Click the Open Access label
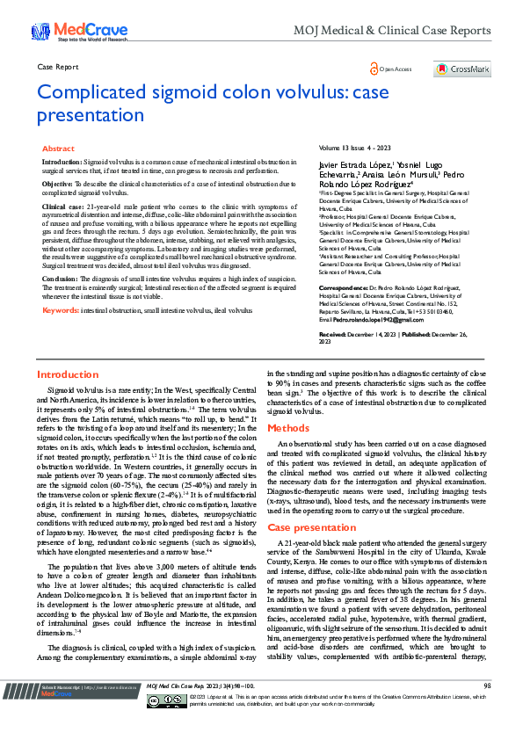396,69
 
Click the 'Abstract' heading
58,149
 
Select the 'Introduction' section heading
68,399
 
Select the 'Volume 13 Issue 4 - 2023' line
354,149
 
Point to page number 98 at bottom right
487,709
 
